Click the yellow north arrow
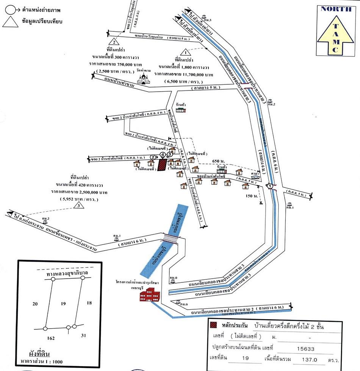334,34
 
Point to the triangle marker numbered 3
78,206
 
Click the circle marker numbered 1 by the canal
270,186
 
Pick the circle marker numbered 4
163,155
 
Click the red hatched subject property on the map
162,165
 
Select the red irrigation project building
150,294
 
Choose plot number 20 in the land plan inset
35,304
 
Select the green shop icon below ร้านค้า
182,110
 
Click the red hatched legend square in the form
214,325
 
